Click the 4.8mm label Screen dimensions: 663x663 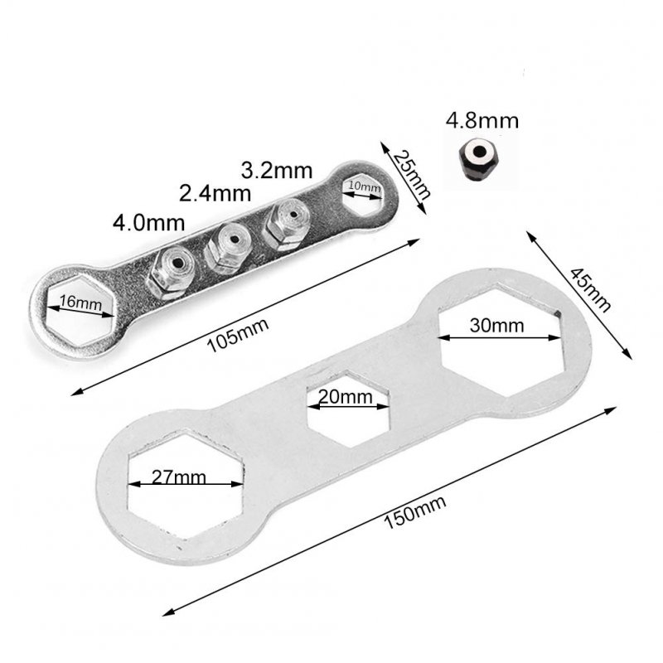pyautogui.click(x=482, y=120)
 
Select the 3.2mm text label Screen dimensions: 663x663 pyautogui.click(x=276, y=172)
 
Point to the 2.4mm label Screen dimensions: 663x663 pyautogui.click(x=215, y=195)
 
